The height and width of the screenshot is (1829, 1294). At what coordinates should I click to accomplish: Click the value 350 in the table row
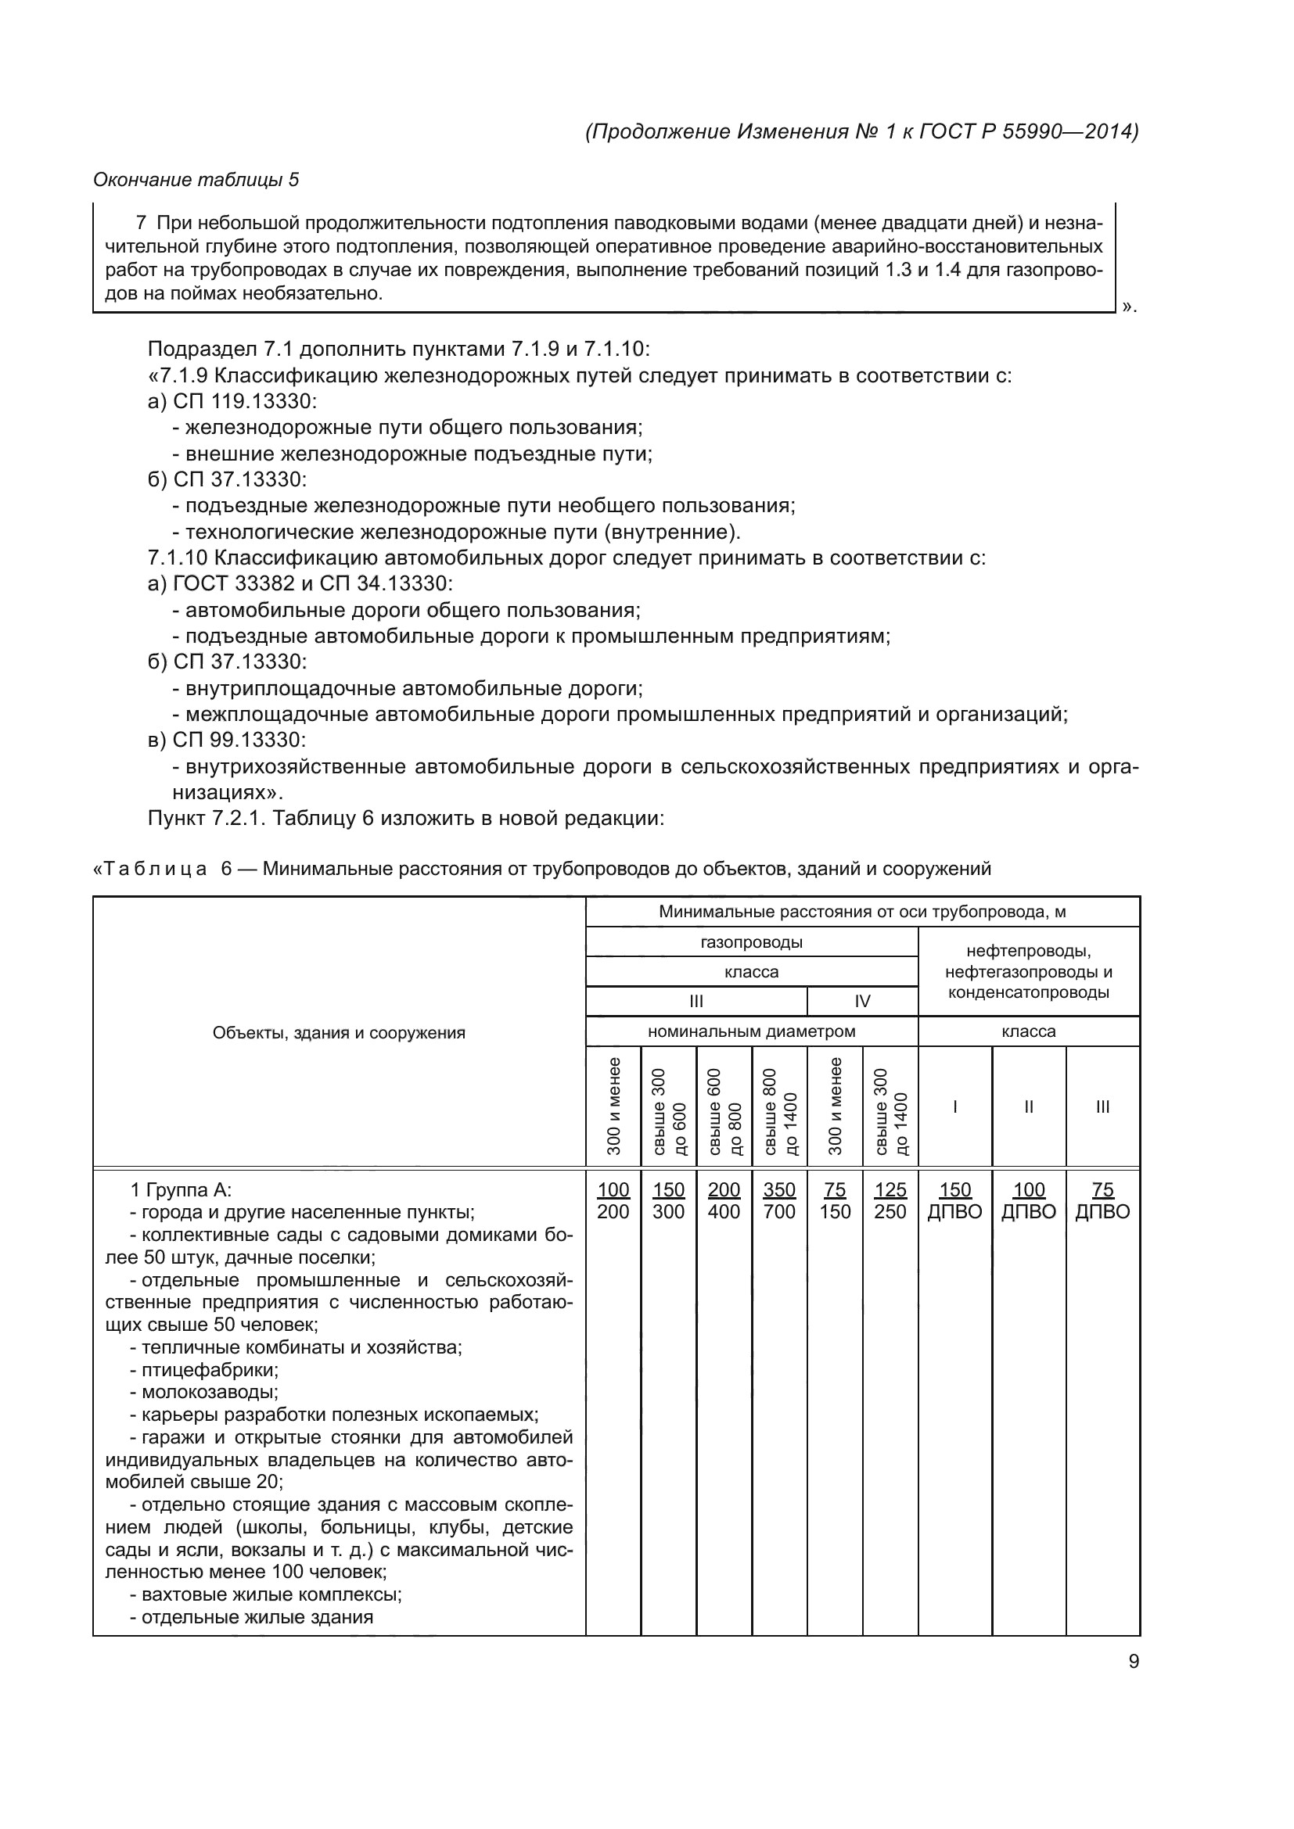click(x=778, y=1189)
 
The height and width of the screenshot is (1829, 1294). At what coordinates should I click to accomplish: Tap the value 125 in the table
click(x=890, y=1189)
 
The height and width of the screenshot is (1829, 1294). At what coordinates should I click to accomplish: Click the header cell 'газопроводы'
click(x=751, y=942)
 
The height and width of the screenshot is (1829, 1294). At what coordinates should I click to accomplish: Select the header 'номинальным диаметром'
click(x=751, y=1031)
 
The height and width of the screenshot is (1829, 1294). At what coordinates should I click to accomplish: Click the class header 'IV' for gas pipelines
click(x=862, y=1002)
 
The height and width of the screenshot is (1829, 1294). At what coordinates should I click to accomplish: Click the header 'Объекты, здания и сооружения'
click(x=339, y=1033)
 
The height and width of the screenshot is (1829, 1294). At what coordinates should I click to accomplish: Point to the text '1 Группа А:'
click(x=181, y=1190)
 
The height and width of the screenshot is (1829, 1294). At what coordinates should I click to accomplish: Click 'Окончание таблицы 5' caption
click(x=196, y=180)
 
